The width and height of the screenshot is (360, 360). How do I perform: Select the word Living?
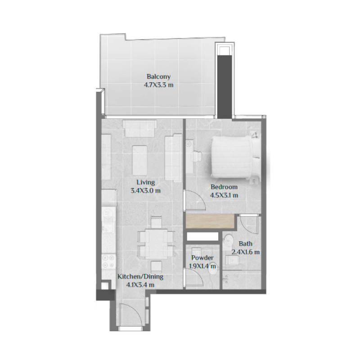(146, 183)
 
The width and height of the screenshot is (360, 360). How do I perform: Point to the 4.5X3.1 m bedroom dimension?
(224, 195)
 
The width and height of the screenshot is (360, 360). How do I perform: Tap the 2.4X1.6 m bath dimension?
(246, 252)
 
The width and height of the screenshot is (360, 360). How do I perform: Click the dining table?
(155, 243)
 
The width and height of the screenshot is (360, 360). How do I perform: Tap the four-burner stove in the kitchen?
(108, 261)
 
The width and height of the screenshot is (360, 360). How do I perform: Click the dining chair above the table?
(156, 222)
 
